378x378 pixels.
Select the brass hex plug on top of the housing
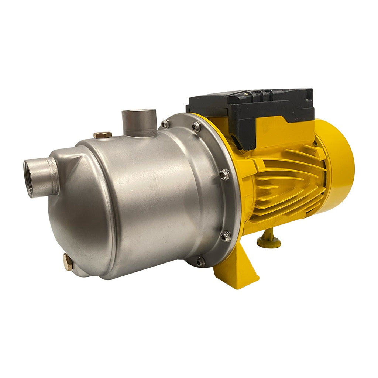(102, 135)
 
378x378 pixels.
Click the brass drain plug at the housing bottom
(68, 262)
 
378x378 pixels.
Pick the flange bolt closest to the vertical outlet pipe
(165, 124)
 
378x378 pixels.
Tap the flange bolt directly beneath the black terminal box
(196, 127)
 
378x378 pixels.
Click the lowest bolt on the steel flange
(200, 262)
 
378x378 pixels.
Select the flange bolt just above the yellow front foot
(226, 236)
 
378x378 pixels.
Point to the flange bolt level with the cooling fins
(224, 175)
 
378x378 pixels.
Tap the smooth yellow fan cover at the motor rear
(338, 162)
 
